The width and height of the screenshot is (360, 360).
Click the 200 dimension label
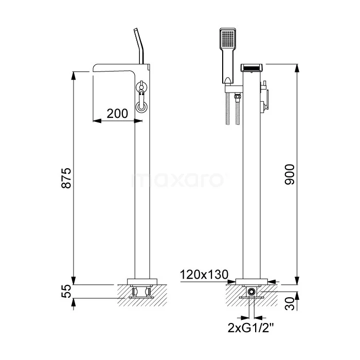(x=117, y=114)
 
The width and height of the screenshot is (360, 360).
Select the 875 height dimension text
(x=66, y=178)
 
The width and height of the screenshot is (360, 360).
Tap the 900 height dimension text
(x=289, y=174)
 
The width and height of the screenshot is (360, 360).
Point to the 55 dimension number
(x=66, y=291)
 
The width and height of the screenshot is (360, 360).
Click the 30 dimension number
(x=289, y=303)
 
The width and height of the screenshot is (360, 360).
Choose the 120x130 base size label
(x=204, y=274)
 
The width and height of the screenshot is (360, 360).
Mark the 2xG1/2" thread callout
(x=251, y=328)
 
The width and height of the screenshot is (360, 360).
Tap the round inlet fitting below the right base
(x=251, y=292)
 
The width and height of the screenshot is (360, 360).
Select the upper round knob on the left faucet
(x=141, y=87)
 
